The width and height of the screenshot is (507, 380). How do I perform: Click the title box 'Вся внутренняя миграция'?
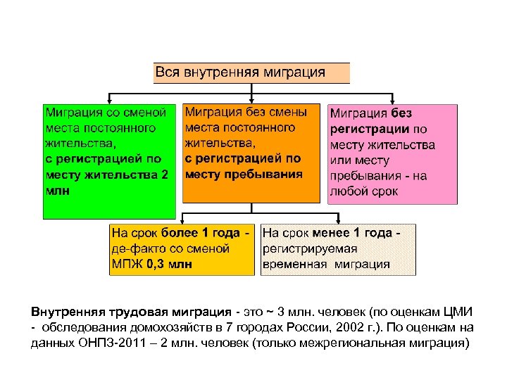coord(251,72)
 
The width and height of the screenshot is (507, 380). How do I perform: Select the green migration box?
coord(108,161)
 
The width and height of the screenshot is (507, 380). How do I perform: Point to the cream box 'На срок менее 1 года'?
coord(338,249)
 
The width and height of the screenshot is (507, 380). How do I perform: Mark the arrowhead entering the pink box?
coord(393,100)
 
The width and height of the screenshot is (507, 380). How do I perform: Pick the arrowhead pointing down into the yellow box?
coord(182,220)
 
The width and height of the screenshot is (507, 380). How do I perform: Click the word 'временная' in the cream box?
coord(294,265)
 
